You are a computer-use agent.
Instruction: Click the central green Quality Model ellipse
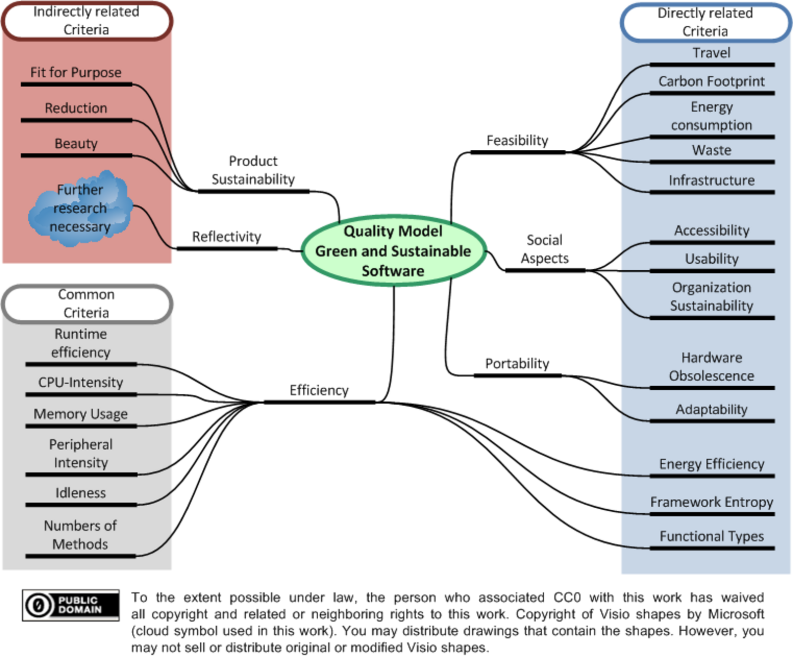click(394, 250)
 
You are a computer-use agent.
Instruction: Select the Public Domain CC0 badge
click(70, 605)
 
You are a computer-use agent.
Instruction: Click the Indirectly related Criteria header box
click(87, 21)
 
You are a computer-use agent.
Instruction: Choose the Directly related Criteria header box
click(705, 22)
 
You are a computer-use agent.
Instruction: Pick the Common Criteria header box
click(87, 303)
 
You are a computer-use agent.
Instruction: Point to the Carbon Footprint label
click(711, 81)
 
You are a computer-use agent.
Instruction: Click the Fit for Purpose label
click(76, 72)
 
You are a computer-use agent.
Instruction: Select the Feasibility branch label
click(517, 140)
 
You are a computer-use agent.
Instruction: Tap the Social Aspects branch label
click(545, 249)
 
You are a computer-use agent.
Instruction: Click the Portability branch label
click(517, 363)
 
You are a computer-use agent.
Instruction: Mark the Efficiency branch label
click(319, 390)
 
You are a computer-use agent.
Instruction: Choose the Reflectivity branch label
click(227, 237)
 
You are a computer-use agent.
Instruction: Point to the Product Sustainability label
click(253, 170)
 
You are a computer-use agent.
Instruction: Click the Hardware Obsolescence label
click(712, 367)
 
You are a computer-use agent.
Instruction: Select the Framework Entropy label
click(712, 502)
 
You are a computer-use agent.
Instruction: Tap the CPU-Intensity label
click(81, 382)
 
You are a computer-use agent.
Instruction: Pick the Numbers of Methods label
click(80, 535)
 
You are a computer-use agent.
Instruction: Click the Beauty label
click(76, 144)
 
